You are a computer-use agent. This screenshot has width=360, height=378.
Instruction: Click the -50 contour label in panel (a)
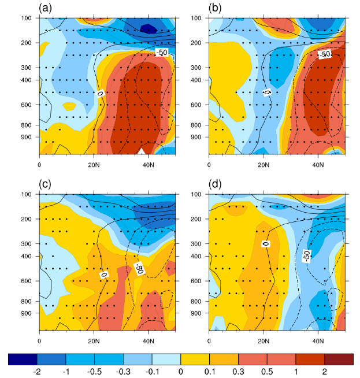click(162, 53)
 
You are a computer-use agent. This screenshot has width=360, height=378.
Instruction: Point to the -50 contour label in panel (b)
click(325, 54)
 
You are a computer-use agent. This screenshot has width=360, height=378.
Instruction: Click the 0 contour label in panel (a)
click(100, 93)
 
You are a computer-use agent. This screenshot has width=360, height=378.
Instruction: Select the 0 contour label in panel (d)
click(265, 244)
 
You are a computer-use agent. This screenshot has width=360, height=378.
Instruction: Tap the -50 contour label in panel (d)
click(307, 255)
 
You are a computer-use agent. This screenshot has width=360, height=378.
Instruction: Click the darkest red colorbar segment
click(338, 360)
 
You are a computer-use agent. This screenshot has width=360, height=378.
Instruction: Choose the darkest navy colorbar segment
click(23, 360)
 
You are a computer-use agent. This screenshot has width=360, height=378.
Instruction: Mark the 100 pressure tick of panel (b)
click(197, 18)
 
